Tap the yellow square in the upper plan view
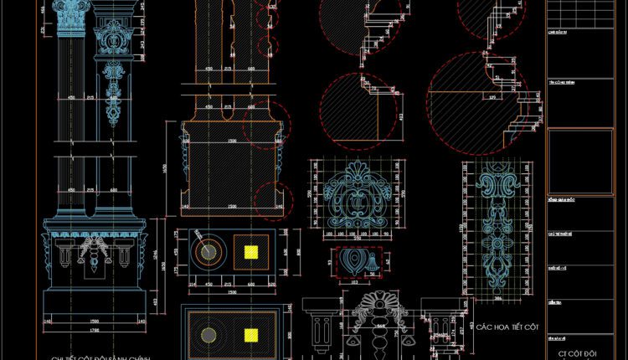tap(250, 250)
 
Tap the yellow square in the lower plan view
tap(250, 336)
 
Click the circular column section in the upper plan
tap(206, 250)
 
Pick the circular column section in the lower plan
tap(206, 335)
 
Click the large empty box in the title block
tap(579, 160)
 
